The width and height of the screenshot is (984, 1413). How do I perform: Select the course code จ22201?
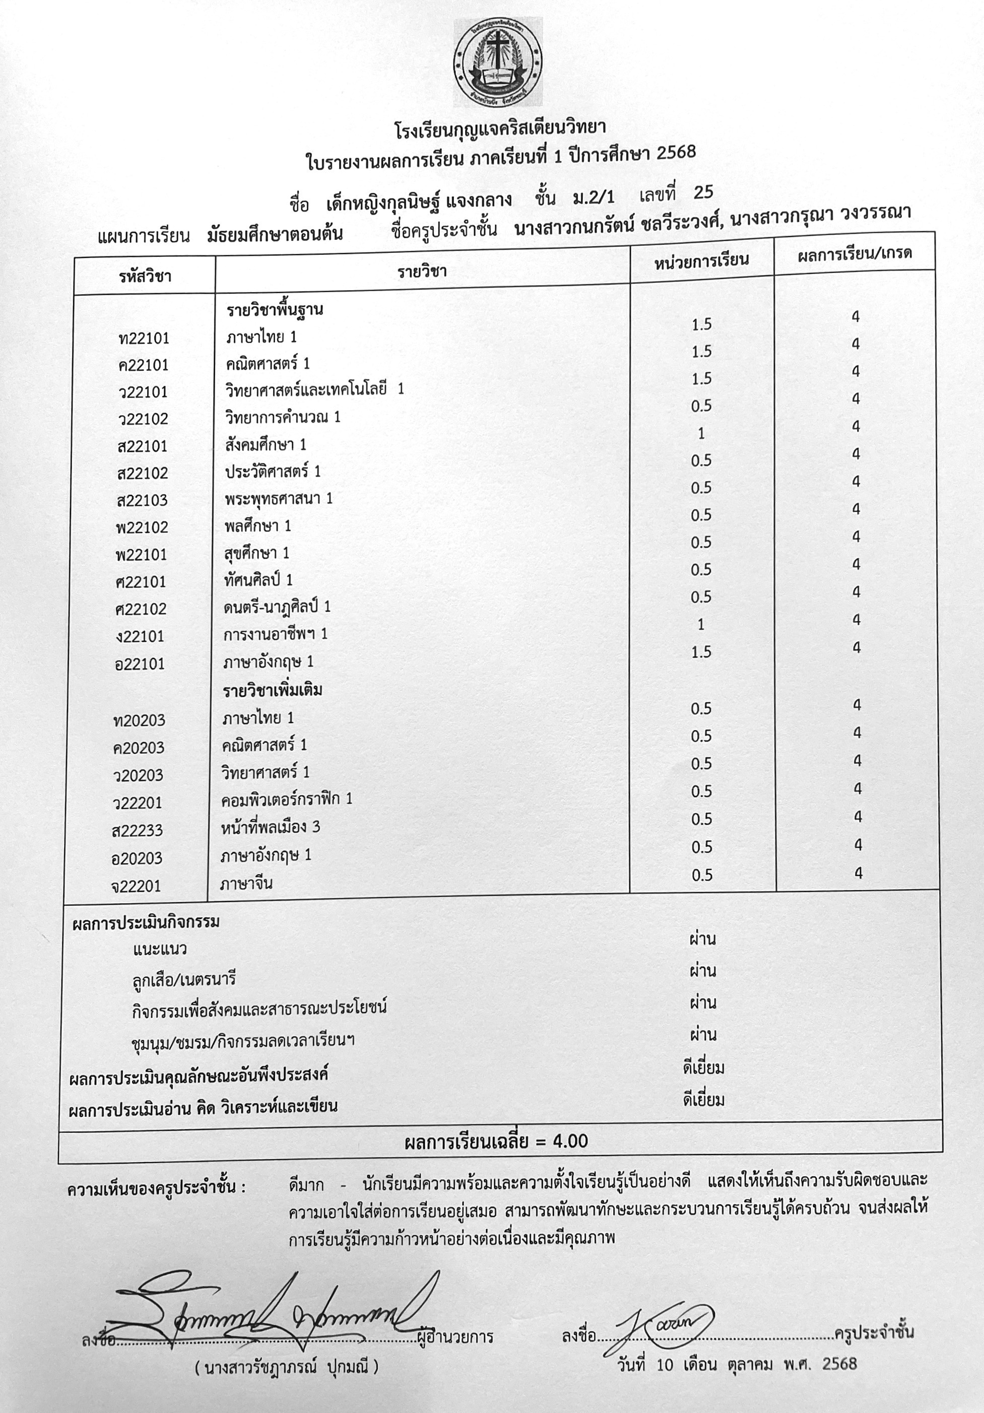coord(136,886)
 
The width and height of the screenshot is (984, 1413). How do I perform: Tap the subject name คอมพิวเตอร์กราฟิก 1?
coord(287,799)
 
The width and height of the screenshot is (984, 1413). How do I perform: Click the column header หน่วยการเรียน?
coord(701,260)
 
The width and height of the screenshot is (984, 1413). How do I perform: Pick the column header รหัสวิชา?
coord(145,276)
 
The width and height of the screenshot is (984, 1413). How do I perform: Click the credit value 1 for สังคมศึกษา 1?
coord(701,433)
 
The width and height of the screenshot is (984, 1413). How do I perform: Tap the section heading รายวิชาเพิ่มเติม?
coord(273,690)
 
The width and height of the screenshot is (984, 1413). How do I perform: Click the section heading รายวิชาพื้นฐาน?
coord(275,310)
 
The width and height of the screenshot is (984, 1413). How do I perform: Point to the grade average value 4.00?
coord(570,1141)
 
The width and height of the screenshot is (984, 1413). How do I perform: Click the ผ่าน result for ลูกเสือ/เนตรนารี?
coord(703,971)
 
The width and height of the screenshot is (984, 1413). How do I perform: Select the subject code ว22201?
coord(138,802)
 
